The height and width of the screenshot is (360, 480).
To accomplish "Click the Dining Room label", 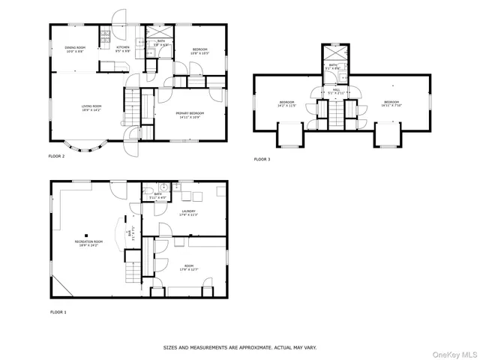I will (x=75, y=49).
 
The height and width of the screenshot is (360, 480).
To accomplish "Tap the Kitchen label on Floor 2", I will (x=123, y=49).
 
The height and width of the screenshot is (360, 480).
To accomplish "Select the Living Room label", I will (x=91, y=108).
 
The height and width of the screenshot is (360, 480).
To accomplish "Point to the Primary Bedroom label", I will (x=190, y=115).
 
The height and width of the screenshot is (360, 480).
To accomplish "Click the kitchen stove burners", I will (x=106, y=35).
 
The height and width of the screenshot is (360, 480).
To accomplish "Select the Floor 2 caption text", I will (x=57, y=157).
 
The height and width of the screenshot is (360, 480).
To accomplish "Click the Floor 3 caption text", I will (x=262, y=160).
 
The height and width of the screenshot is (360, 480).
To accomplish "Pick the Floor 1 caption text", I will (x=58, y=311).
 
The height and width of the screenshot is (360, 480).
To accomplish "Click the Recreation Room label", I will (x=88, y=243).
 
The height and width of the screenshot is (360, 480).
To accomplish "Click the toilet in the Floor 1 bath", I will (x=162, y=188).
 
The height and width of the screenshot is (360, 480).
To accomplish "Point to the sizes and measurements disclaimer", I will (x=240, y=348).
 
